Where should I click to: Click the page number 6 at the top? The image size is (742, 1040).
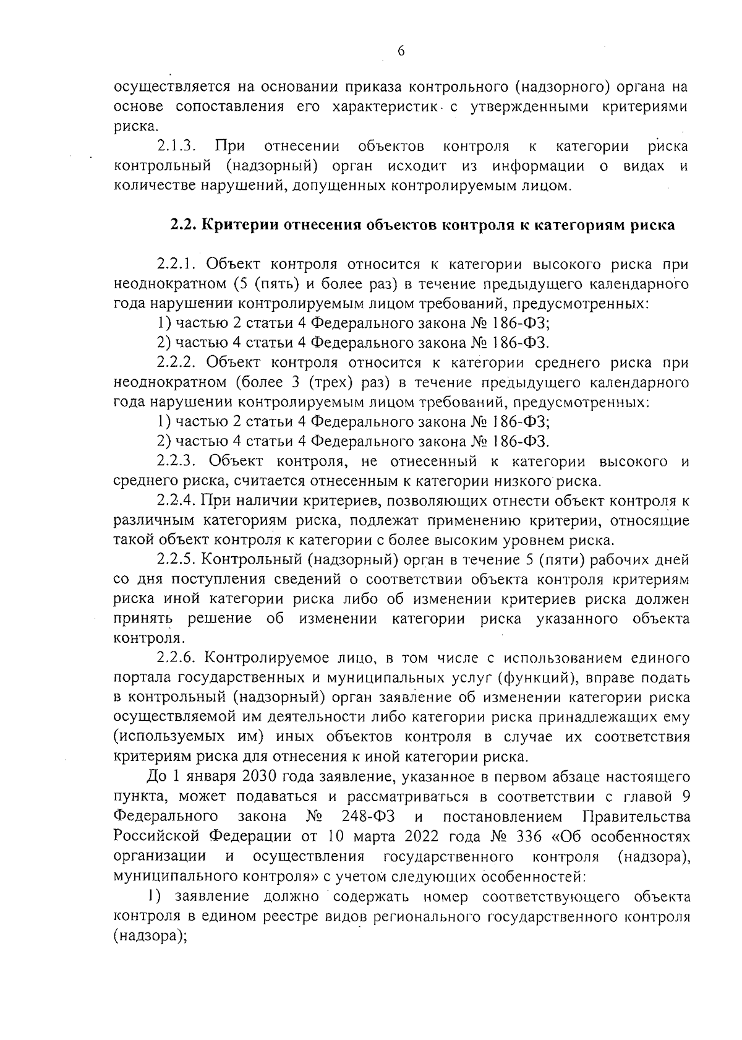point(400,52)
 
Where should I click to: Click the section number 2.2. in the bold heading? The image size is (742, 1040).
point(184,225)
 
